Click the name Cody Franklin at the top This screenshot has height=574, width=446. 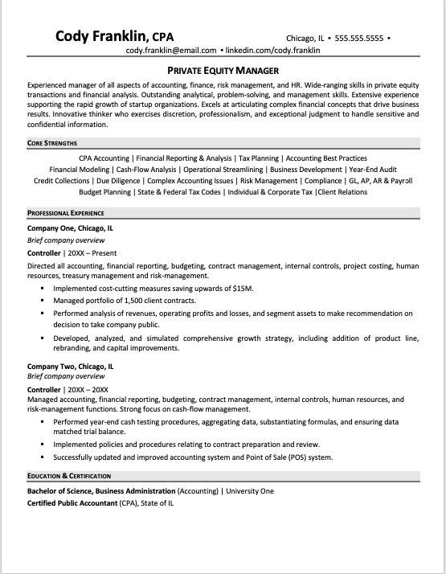tap(102, 36)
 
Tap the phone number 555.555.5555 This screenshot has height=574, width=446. tap(359, 38)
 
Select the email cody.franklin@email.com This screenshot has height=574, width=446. tap(171, 50)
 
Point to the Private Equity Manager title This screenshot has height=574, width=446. tap(223, 70)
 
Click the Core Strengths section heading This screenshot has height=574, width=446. tap(52, 143)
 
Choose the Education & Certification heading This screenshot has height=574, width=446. tap(72, 476)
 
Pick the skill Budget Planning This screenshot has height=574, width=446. tap(106, 192)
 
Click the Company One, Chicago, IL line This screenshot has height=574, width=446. tap(70, 228)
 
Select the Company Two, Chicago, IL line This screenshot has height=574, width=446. tap(70, 366)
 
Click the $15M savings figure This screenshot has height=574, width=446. tap(243, 288)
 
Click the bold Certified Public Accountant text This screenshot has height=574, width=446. tap(72, 503)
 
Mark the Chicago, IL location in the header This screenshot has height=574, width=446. tap(305, 38)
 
